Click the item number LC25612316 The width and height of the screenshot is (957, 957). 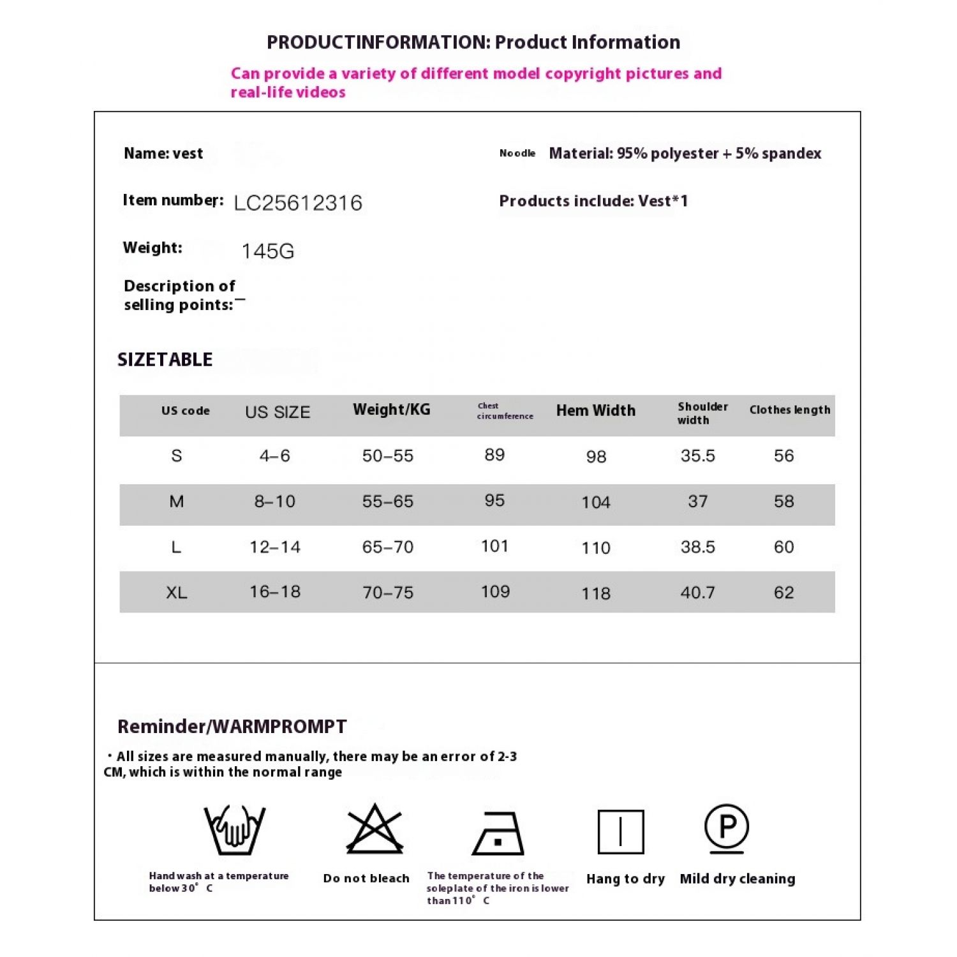tap(298, 203)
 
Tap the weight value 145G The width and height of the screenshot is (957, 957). tap(268, 251)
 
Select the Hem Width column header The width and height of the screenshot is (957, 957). tap(596, 410)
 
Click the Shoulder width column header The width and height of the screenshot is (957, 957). tap(702, 413)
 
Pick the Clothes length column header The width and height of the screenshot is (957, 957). tap(790, 410)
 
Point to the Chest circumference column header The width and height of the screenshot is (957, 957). tap(505, 411)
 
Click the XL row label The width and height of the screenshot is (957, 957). tap(177, 593)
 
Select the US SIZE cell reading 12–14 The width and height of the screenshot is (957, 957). tap(275, 547)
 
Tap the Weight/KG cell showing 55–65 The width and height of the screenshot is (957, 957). tap(388, 501)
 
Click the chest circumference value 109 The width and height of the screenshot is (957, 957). tap(495, 591)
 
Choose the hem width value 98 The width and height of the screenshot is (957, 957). tap(596, 456)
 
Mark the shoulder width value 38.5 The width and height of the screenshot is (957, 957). tap(698, 547)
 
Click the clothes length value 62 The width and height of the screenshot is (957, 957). tap(784, 593)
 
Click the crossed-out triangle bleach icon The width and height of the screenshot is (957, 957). tap(375, 829)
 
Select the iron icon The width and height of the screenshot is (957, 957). tap(498, 834)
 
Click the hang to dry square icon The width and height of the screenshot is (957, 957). tap(621, 832)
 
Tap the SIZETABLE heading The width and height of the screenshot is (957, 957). tap(165, 360)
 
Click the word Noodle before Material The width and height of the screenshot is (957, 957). tap(517, 153)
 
